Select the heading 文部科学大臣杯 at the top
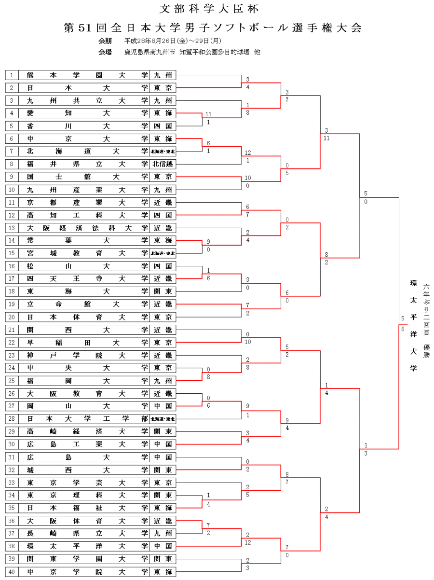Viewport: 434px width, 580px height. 213,9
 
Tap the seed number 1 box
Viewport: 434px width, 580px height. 12,75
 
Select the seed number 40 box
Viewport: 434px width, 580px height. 12,572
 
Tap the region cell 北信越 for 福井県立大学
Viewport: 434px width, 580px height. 163,164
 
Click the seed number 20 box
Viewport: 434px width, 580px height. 12,317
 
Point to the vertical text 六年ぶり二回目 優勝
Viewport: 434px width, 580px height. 426,320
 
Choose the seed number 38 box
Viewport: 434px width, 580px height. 12,546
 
